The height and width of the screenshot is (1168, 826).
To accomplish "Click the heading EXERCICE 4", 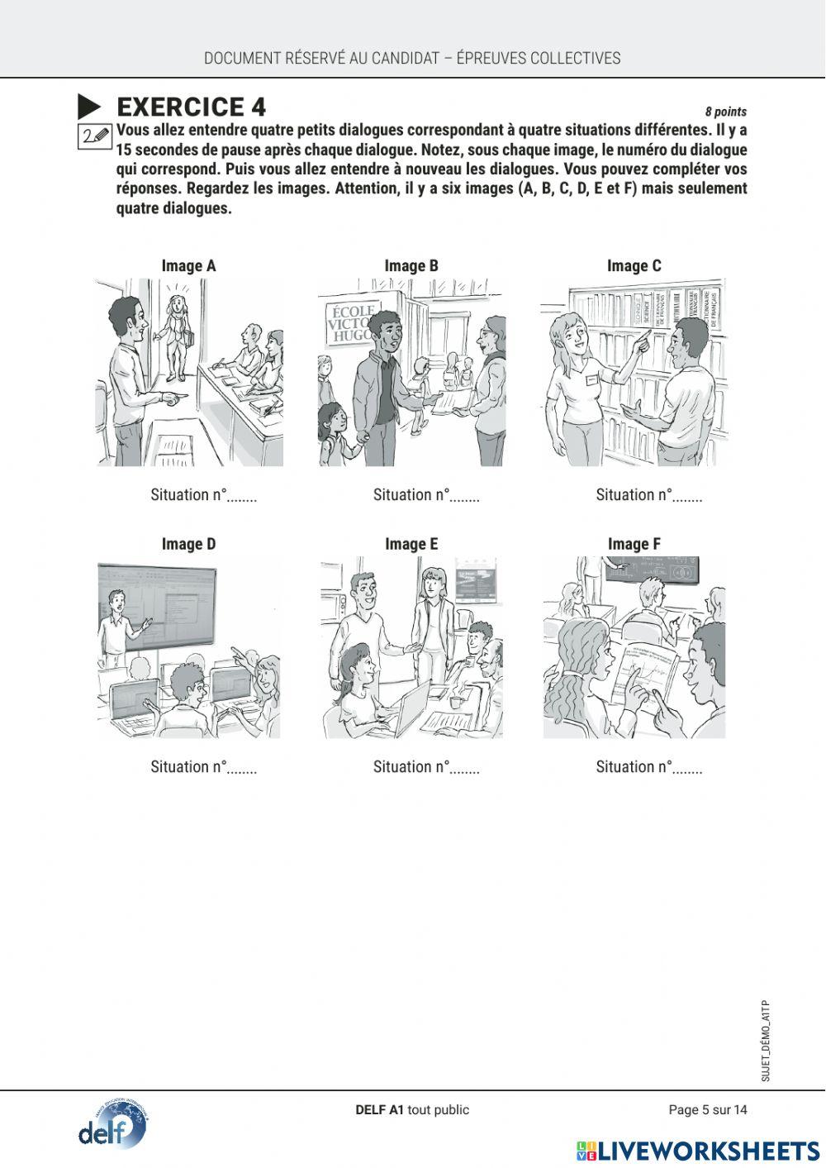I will pos(191,107).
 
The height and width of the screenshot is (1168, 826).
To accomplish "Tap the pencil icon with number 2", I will pos(95,136).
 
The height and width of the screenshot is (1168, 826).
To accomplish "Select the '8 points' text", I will pos(725,112).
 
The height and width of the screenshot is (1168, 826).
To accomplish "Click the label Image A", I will pos(188,265).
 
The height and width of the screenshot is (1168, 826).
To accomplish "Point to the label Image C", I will pos(634,265).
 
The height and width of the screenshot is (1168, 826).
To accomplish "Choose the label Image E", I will pos(411,544).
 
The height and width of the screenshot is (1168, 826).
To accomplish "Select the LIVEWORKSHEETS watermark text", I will pos(708,1151).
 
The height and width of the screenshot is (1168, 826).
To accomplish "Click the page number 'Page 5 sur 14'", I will pos(707,1109).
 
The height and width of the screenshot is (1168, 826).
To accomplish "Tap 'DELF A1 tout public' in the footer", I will pos(411,1109).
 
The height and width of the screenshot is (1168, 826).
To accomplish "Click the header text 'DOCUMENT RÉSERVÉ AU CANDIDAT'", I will pos(322,58).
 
